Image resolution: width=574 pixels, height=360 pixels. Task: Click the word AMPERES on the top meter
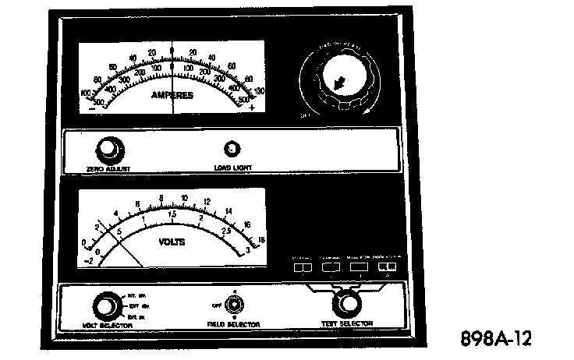(172, 95)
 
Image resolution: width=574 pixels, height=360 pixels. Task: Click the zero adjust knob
(108, 148)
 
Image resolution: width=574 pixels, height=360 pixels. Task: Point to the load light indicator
(232, 150)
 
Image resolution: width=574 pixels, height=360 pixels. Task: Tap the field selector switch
(235, 305)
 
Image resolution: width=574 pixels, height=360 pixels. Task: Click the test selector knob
(347, 303)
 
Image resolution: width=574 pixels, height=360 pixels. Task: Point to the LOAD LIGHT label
(232, 167)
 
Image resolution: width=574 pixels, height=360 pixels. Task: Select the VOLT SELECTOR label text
(106, 323)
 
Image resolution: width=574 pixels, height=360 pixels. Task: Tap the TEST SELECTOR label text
(347, 323)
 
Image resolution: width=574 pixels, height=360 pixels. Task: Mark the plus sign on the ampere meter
(251, 108)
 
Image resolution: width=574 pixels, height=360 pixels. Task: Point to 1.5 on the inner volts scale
(172, 214)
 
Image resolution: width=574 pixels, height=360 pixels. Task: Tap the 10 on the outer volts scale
(184, 197)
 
